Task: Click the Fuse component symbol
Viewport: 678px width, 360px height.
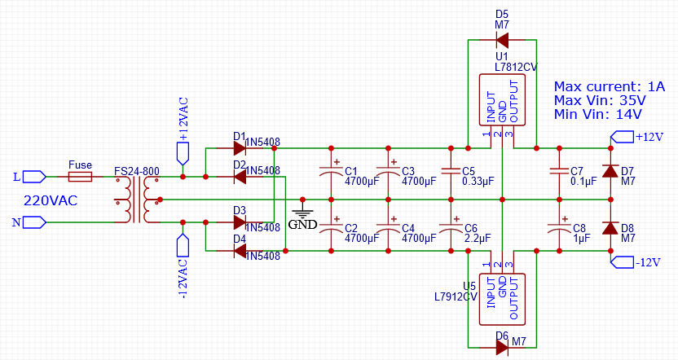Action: point(80,176)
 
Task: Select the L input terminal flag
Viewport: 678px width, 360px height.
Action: point(33,176)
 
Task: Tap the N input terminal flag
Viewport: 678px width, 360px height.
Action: point(33,221)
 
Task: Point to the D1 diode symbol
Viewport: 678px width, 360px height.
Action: point(240,148)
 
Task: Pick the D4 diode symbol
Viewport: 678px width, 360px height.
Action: point(240,252)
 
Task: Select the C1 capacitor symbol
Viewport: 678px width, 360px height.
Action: point(331,173)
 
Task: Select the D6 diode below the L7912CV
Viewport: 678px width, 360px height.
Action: point(502,347)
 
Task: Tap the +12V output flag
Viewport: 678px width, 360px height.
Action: point(623,136)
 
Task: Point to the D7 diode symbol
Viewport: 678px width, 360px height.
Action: point(610,173)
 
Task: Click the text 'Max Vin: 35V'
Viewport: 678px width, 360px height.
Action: point(600,100)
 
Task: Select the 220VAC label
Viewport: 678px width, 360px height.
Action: point(49,200)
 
